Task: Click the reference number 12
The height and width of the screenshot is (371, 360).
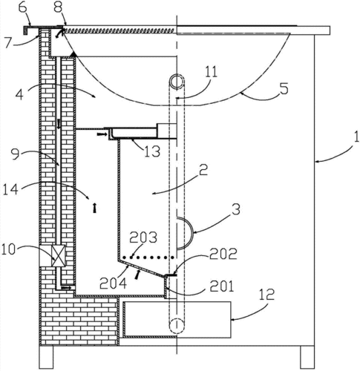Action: tap(266, 294)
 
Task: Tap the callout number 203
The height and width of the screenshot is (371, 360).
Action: tap(143, 237)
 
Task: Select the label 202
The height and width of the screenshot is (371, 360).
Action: tap(223, 254)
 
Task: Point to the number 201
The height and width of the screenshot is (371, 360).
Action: tap(222, 286)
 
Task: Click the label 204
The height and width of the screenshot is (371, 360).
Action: tap(114, 283)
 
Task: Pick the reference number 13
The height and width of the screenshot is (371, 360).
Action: tap(152, 151)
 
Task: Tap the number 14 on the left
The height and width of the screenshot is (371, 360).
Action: tap(10, 190)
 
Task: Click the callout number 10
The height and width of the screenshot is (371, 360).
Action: tap(9, 250)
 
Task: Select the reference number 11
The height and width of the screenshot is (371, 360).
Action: tap(211, 72)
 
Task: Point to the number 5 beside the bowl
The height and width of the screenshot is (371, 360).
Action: tap(284, 89)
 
